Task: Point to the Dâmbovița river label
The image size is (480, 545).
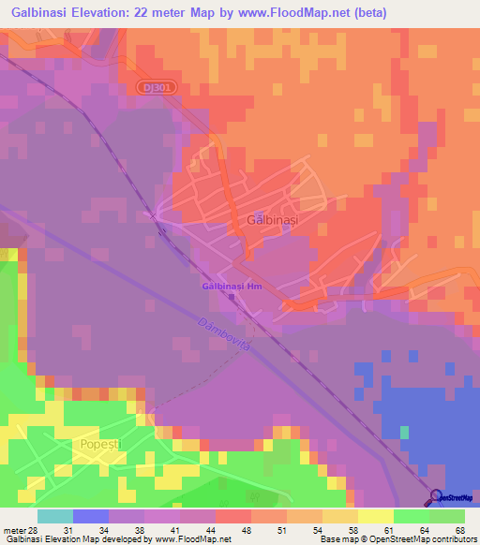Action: click(x=224, y=333)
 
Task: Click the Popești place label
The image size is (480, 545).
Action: click(x=104, y=446)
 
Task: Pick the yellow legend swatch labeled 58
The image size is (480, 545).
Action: click(x=340, y=516)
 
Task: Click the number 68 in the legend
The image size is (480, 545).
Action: click(x=458, y=529)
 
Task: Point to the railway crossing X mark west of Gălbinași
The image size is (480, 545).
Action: click(x=154, y=214)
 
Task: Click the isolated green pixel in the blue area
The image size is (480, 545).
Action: click(x=405, y=432)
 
